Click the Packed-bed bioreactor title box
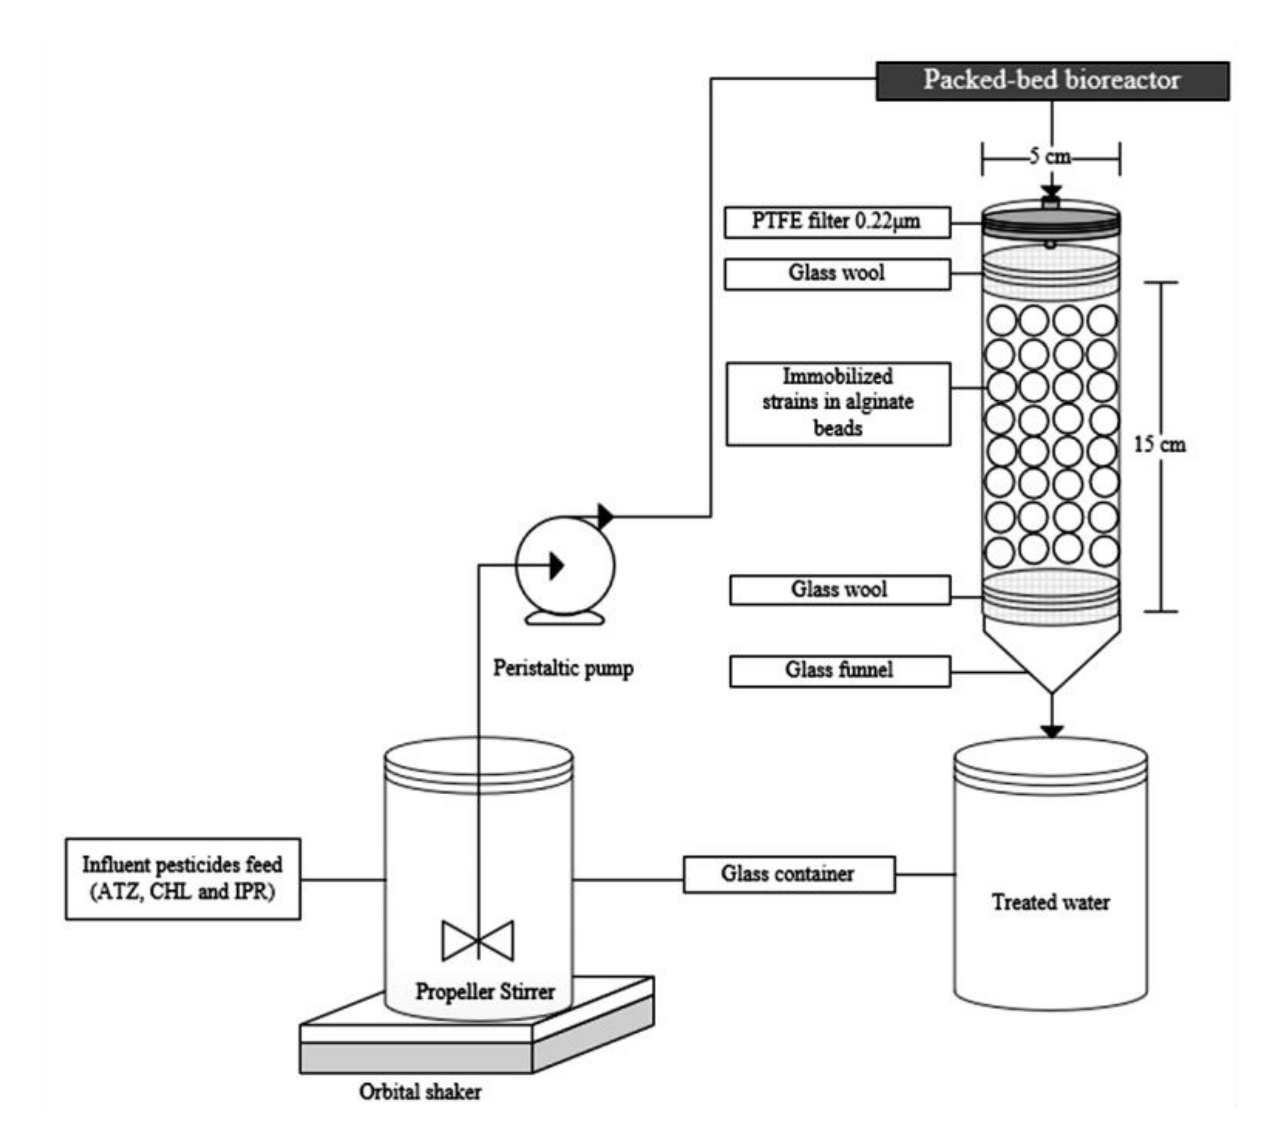pyautogui.click(x=1052, y=81)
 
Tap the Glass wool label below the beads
pyautogui.click(x=839, y=589)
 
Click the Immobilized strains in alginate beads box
pyautogui.click(x=838, y=403)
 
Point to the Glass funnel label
pyautogui.click(x=839, y=671)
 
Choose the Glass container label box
pyautogui.click(x=788, y=874)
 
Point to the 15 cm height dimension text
pyautogui.click(x=1159, y=445)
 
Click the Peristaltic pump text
pyautogui.click(x=562, y=668)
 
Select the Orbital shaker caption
pyautogui.click(x=420, y=1092)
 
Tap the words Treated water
pyautogui.click(x=1050, y=902)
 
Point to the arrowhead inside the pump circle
pyautogui.click(x=556, y=565)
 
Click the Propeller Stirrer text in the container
pyautogui.click(x=485, y=992)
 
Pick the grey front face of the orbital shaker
pyautogui.click(x=415, y=1058)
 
